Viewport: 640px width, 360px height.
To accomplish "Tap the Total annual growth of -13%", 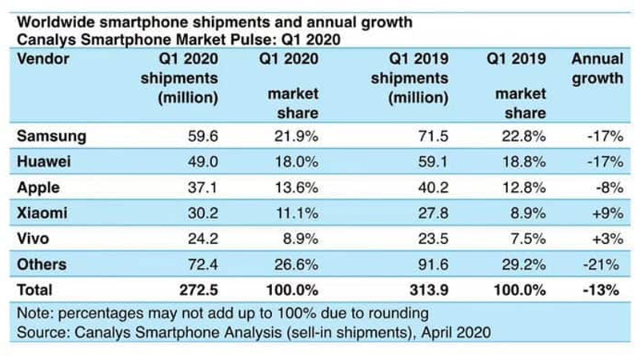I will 602,289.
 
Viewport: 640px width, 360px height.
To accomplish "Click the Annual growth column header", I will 596,69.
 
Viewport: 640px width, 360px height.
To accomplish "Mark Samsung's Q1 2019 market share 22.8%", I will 526,137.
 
